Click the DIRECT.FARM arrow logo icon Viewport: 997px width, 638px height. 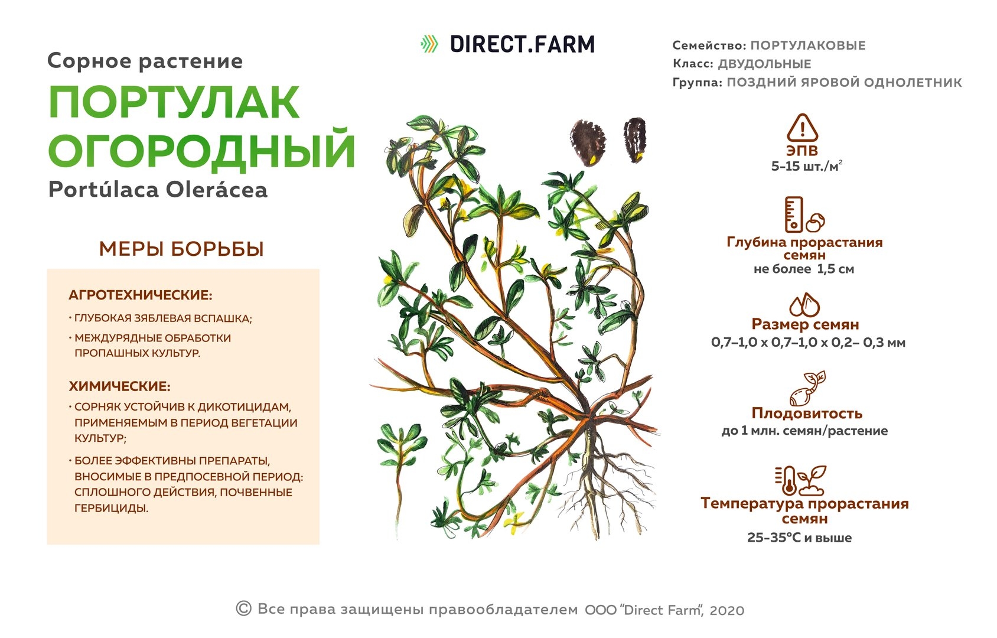pyautogui.click(x=429, y=44)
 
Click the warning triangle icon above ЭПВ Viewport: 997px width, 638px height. pyautogui.click(x=803, y=128)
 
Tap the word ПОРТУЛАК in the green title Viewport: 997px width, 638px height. pyautogui.click(x=174, y=102)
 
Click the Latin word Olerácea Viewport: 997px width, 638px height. pyautogui.click(x=217, y=189)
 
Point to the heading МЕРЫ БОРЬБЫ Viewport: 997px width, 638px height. pyautogui.click(x=181, y=249)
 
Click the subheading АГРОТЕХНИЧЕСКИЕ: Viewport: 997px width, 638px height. pyautogui.click(x=141, y=295)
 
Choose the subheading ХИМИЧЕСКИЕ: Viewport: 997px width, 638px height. pyautogui.click(x=120, y=386)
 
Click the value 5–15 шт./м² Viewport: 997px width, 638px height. pyautogui.click(x=806, y=166)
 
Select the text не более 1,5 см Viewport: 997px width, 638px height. pyautogui.click(x=804, y=269)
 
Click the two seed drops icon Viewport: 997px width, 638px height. pyautogui.click(x=804, y=304)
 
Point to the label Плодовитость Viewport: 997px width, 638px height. pyautogui.click(x=807, y=414)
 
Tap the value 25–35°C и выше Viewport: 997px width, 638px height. pyautogui.click(x=799, y=538)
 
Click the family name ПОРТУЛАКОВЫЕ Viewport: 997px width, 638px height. pyautogui.click(x=808, y=45)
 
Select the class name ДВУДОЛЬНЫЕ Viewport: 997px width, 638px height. pyautogui.click(x=765, y=64)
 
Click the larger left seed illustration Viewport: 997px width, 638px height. pyautogui.click(x=588, y=142)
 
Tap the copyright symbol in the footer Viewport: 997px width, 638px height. pyautogui.click(x=243, y=608)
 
